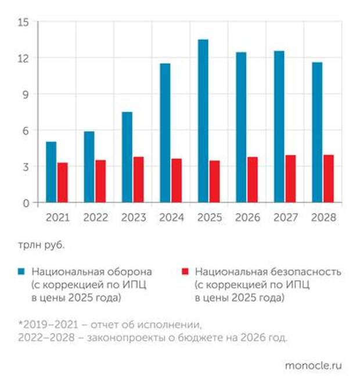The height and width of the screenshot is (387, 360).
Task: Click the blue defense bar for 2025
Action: click(203, 121)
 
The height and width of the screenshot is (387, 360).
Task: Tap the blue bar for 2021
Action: click(51, 172)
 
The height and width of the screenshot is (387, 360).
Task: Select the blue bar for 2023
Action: click(127, 157)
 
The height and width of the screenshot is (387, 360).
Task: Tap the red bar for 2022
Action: click(100, 182)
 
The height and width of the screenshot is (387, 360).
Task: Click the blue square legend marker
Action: click(21, 272)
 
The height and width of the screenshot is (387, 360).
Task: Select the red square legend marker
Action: click(185, 272)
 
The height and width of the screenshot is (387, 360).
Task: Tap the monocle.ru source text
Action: click(313, 366)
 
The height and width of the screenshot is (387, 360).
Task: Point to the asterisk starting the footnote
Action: click(20, 323)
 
